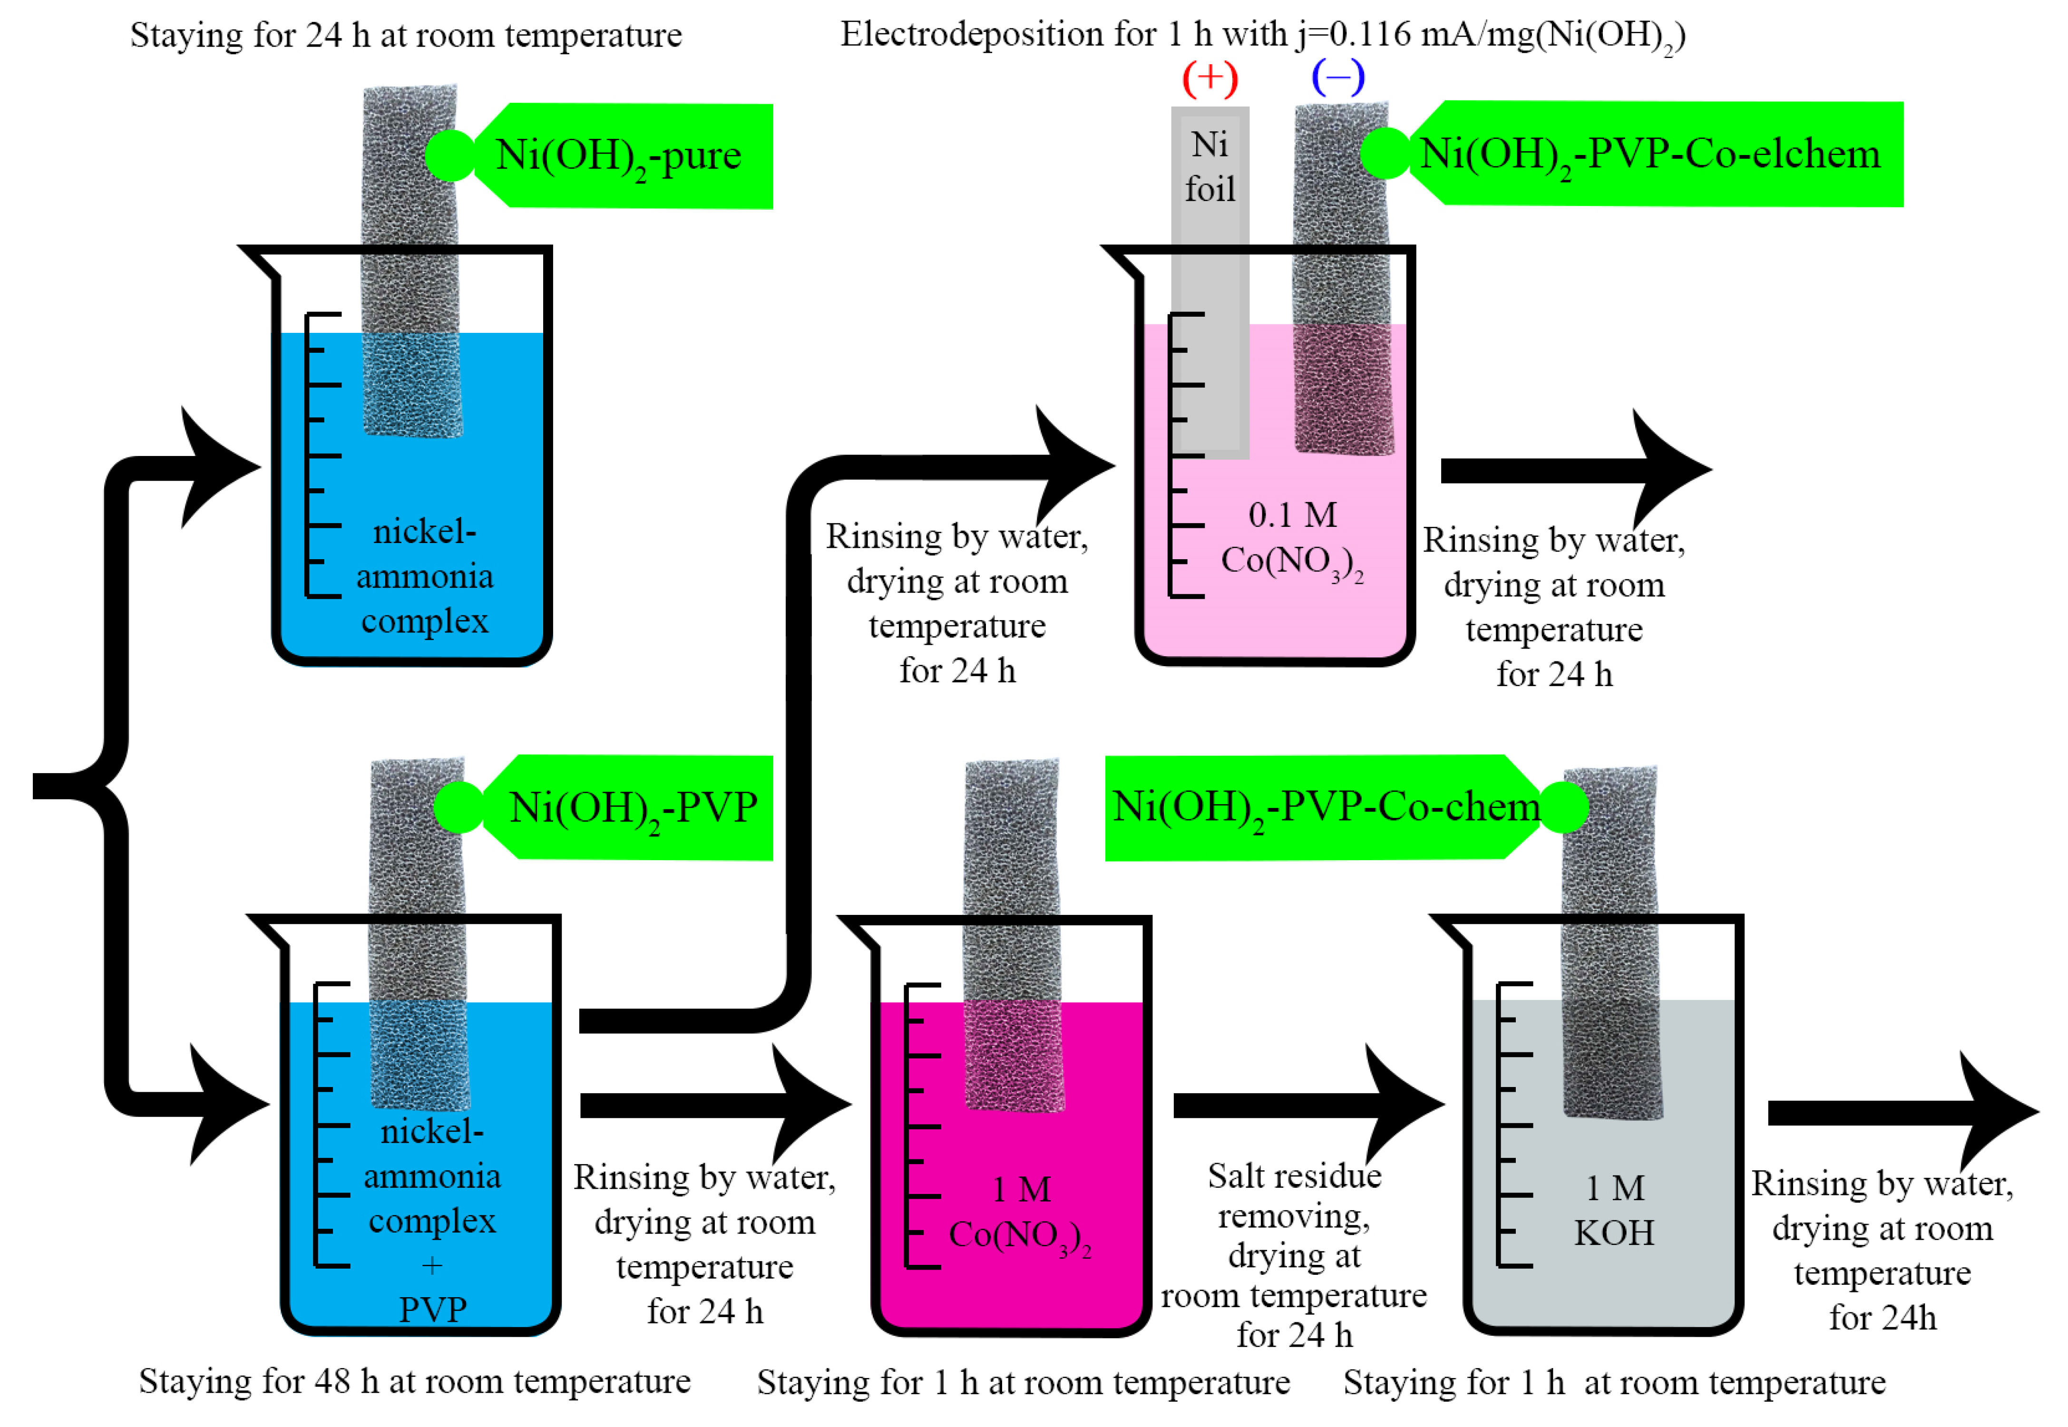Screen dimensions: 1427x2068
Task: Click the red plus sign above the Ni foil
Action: click(1210, 78)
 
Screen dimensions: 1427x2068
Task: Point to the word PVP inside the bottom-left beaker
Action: click(433, 1310)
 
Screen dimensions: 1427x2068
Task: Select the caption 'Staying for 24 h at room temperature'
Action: click(406, 36)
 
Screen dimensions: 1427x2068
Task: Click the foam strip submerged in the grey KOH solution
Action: click(1612, 1059)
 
